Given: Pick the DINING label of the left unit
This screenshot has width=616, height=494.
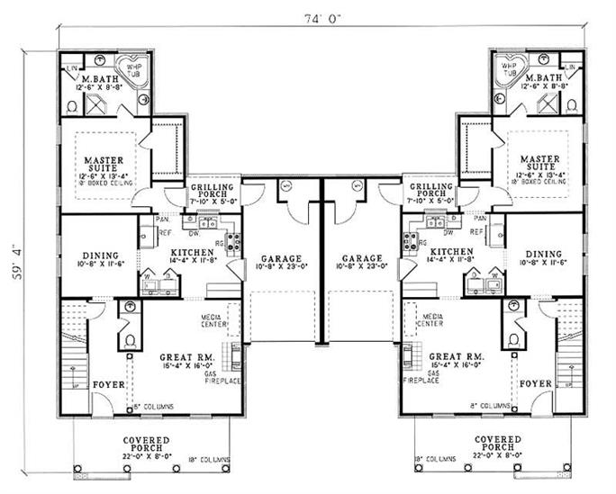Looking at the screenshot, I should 98,254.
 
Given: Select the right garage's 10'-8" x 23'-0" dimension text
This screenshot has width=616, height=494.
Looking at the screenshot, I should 358,267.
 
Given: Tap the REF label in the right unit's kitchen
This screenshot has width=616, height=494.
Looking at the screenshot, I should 476,231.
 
